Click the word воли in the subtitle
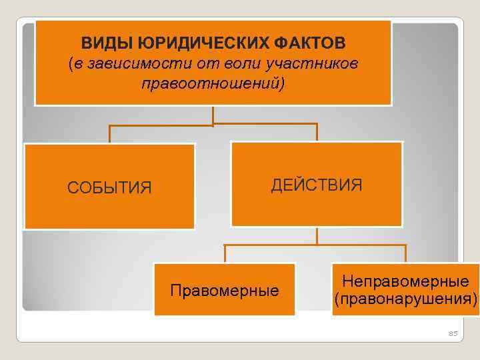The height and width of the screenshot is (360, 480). click(x=225, y=64)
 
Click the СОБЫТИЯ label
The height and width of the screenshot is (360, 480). click(x=109, y=188)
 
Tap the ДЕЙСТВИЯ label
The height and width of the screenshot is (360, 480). click(x=317, y=185)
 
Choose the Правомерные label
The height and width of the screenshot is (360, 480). click(x=225, y=291)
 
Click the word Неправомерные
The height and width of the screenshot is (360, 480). click(x=405, y=283)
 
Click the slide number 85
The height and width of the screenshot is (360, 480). click(x=453, y=333)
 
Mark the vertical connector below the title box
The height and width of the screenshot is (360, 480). click(x=213, y=115)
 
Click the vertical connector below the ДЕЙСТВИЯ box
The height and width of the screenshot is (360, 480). click(x=317, y=236)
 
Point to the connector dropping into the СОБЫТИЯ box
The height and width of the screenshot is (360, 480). click(x=109, y=134)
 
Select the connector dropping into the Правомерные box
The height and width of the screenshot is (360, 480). click(x=225, y=254)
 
